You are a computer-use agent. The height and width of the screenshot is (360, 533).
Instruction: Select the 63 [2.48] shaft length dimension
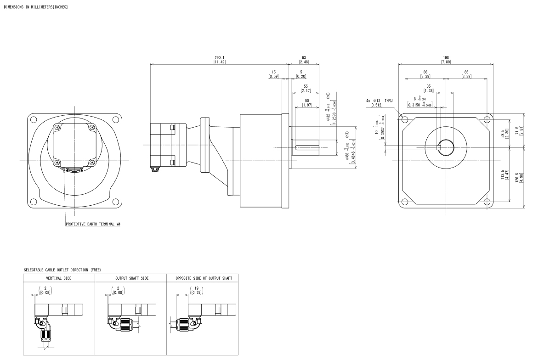click(x=303, y=60)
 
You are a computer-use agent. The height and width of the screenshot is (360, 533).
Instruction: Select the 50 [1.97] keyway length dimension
click(x=307, y=104)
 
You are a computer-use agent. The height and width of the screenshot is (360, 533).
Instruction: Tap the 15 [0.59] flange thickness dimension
click(x=274, y=74)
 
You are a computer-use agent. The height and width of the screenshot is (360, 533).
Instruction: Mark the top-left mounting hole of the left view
click(x=34, y=120)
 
